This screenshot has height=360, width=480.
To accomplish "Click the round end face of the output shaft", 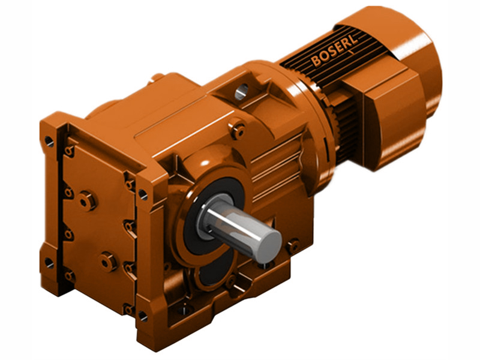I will pos(268,242).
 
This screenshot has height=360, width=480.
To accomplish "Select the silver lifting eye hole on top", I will pos(241,91).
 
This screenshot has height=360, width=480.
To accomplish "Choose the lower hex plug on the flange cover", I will pos(108,261).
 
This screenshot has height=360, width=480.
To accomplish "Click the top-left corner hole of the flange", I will pos(49,141).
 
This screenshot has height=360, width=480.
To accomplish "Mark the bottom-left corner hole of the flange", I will pos(49,263).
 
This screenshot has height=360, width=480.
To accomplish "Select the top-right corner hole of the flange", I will pos(143,194).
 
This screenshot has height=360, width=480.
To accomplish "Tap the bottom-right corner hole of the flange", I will pos(143,314).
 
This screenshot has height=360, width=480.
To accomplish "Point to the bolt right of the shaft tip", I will pos(293,245).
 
